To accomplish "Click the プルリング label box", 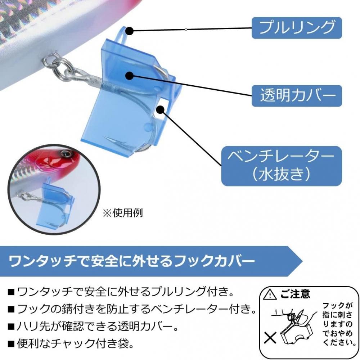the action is coord(297,28).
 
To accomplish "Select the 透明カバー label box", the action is coord(297,96).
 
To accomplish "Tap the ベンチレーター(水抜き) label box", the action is coord(282,166).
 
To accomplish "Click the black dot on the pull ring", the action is coord(130,31).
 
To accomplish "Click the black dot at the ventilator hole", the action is coord(161,109).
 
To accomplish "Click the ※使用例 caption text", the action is coord(123,213).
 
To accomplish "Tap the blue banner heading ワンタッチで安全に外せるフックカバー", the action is coord(132,261).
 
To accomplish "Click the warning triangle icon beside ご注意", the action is coord(270,294).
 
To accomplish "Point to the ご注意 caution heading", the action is coord(295,294).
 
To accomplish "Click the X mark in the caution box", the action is coord(270,338).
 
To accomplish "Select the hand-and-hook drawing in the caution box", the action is coord(293,326).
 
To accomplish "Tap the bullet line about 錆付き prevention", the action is coord(132,310).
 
